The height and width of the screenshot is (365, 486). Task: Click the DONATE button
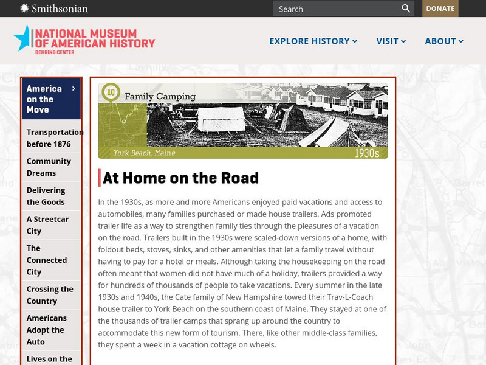tap(440, 9)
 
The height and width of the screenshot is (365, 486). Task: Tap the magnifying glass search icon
tap(406, 9)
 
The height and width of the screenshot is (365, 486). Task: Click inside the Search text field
tap(334, 9)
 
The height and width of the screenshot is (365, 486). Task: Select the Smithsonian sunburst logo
tap(24, 9)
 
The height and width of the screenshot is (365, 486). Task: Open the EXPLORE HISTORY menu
tap(313, 41)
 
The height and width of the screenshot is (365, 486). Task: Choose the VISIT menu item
tap(391, 41)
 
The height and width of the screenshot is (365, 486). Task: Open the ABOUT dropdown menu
tap(444, 41)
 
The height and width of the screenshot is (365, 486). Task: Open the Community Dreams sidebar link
tap(49, 167)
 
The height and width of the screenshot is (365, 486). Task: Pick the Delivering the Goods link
tap(46, 196)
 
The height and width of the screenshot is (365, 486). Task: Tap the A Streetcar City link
tap(47, 225)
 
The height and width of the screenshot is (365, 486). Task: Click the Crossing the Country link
tap(50, 295)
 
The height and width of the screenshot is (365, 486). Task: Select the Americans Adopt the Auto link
tap(47, 330)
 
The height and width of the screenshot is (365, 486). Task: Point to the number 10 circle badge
tap(111, 92)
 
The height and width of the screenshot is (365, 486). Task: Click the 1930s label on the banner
tap(367, 153)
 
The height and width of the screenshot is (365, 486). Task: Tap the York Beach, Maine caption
tap(144, 153)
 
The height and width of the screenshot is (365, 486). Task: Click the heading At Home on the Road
tap(181, 178)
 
